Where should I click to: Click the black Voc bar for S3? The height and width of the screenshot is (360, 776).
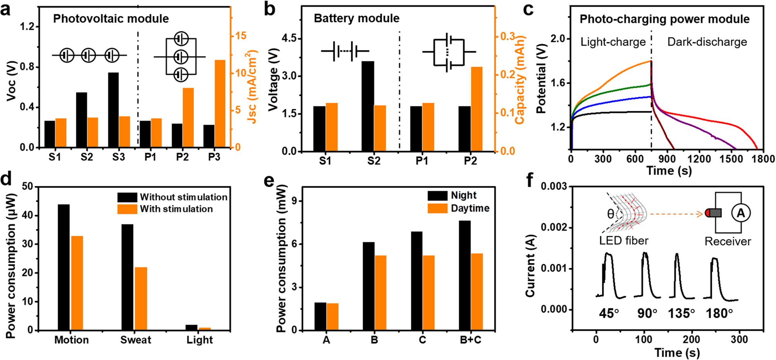coord(113,110)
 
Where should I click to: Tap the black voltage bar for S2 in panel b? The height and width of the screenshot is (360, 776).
coord(368,106)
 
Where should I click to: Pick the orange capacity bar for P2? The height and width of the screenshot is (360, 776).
coord(476,109)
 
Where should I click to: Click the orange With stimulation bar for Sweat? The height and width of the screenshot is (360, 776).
coord(141,298)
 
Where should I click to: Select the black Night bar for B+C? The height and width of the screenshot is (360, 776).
coord(464,275)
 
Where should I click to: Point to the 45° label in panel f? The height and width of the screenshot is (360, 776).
coord(609,313)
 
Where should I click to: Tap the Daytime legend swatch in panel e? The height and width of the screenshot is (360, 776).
coord(437,208)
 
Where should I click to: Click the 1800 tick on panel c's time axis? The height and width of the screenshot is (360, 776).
coord(763,159)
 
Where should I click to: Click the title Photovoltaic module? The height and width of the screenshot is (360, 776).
coord(111,19)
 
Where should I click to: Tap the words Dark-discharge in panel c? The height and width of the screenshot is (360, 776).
coord(707,42)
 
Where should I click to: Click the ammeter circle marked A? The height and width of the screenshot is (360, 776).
coord(741,213)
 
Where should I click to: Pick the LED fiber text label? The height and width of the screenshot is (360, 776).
coord(624,241)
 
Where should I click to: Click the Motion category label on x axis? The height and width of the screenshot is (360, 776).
coord(71,340)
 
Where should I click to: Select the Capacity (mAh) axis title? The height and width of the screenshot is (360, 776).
coord(519,79)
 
